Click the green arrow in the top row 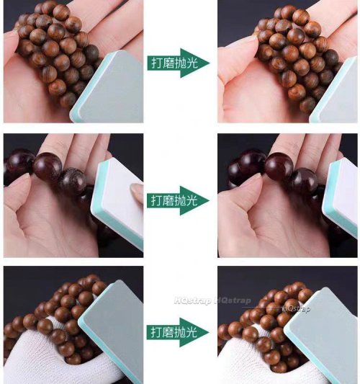(x=178, y=63)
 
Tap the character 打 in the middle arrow (x=157, y=200)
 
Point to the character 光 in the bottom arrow (x=192, y=332)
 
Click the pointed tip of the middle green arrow (x=210, y=200)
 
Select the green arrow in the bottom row (x=178, y=332)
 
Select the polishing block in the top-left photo (x=107, y=87)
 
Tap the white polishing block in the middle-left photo (x=117, y=203)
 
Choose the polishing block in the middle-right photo (x=340, y=198)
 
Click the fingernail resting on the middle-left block (x=137, y=191)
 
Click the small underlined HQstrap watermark (x=296, y=308)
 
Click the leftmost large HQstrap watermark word (x=193, y=300)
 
